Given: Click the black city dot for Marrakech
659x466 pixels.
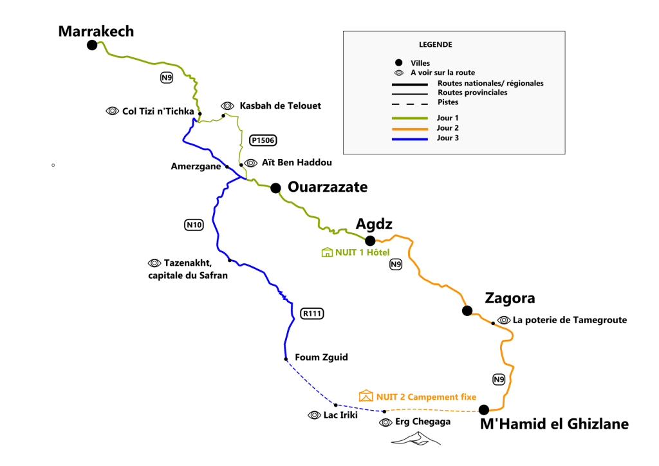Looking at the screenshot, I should [x=92, y=44].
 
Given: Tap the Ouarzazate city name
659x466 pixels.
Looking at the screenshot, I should [x=328, y=187].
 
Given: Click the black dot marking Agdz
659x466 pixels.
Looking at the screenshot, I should [x=370, y=241].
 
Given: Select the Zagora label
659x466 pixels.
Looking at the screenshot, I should [x=510, y=299].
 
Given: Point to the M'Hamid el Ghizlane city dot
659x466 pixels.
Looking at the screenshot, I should [x=484, y=409].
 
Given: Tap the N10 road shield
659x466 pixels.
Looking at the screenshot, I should [x=194, y=225].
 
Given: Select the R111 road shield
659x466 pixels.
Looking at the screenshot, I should [x=311, y=313].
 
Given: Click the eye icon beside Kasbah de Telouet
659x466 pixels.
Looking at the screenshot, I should [x=227, y=106].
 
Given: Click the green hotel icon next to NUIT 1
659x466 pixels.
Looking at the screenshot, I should [x=326, y=252].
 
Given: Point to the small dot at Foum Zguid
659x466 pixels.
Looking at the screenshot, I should [x=285, y=359].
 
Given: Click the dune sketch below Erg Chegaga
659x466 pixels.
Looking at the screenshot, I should [x=417, y=439].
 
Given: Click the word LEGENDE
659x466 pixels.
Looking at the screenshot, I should [x=435, y=45].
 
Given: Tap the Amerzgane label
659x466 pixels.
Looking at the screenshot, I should [x=196, y=166].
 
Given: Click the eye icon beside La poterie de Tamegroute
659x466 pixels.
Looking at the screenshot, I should [x=503, y=320].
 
